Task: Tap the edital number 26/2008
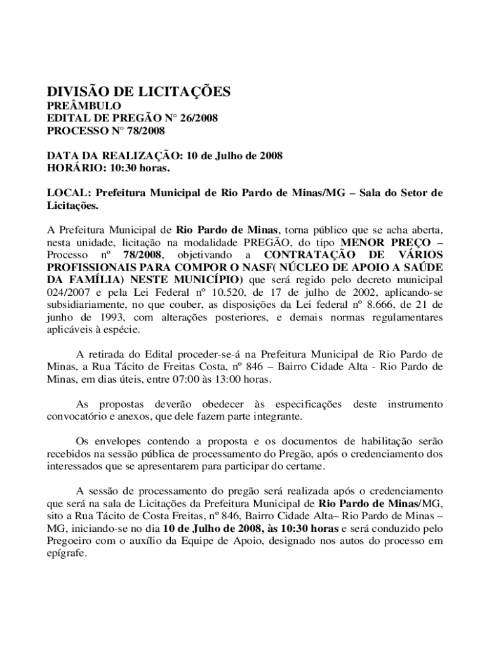point(196,119)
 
